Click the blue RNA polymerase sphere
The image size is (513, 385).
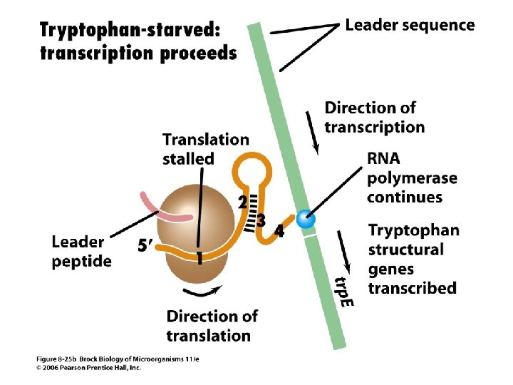306,220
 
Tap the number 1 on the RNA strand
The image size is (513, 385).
200,261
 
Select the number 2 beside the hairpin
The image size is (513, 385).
242,202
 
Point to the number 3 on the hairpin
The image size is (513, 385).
261,221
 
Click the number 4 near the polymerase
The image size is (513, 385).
279,232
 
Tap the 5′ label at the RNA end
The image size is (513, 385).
145,246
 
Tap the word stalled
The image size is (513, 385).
188,158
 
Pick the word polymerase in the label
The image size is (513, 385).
412,178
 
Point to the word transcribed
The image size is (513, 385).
412,288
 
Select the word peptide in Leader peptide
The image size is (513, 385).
81,261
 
